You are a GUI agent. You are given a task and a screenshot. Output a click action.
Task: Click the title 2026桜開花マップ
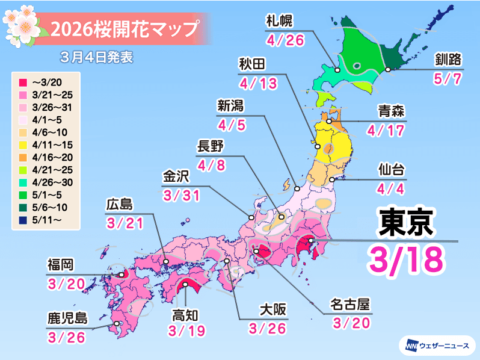point(124,28)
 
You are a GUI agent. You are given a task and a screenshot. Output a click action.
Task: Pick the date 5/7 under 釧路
point(448,79)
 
